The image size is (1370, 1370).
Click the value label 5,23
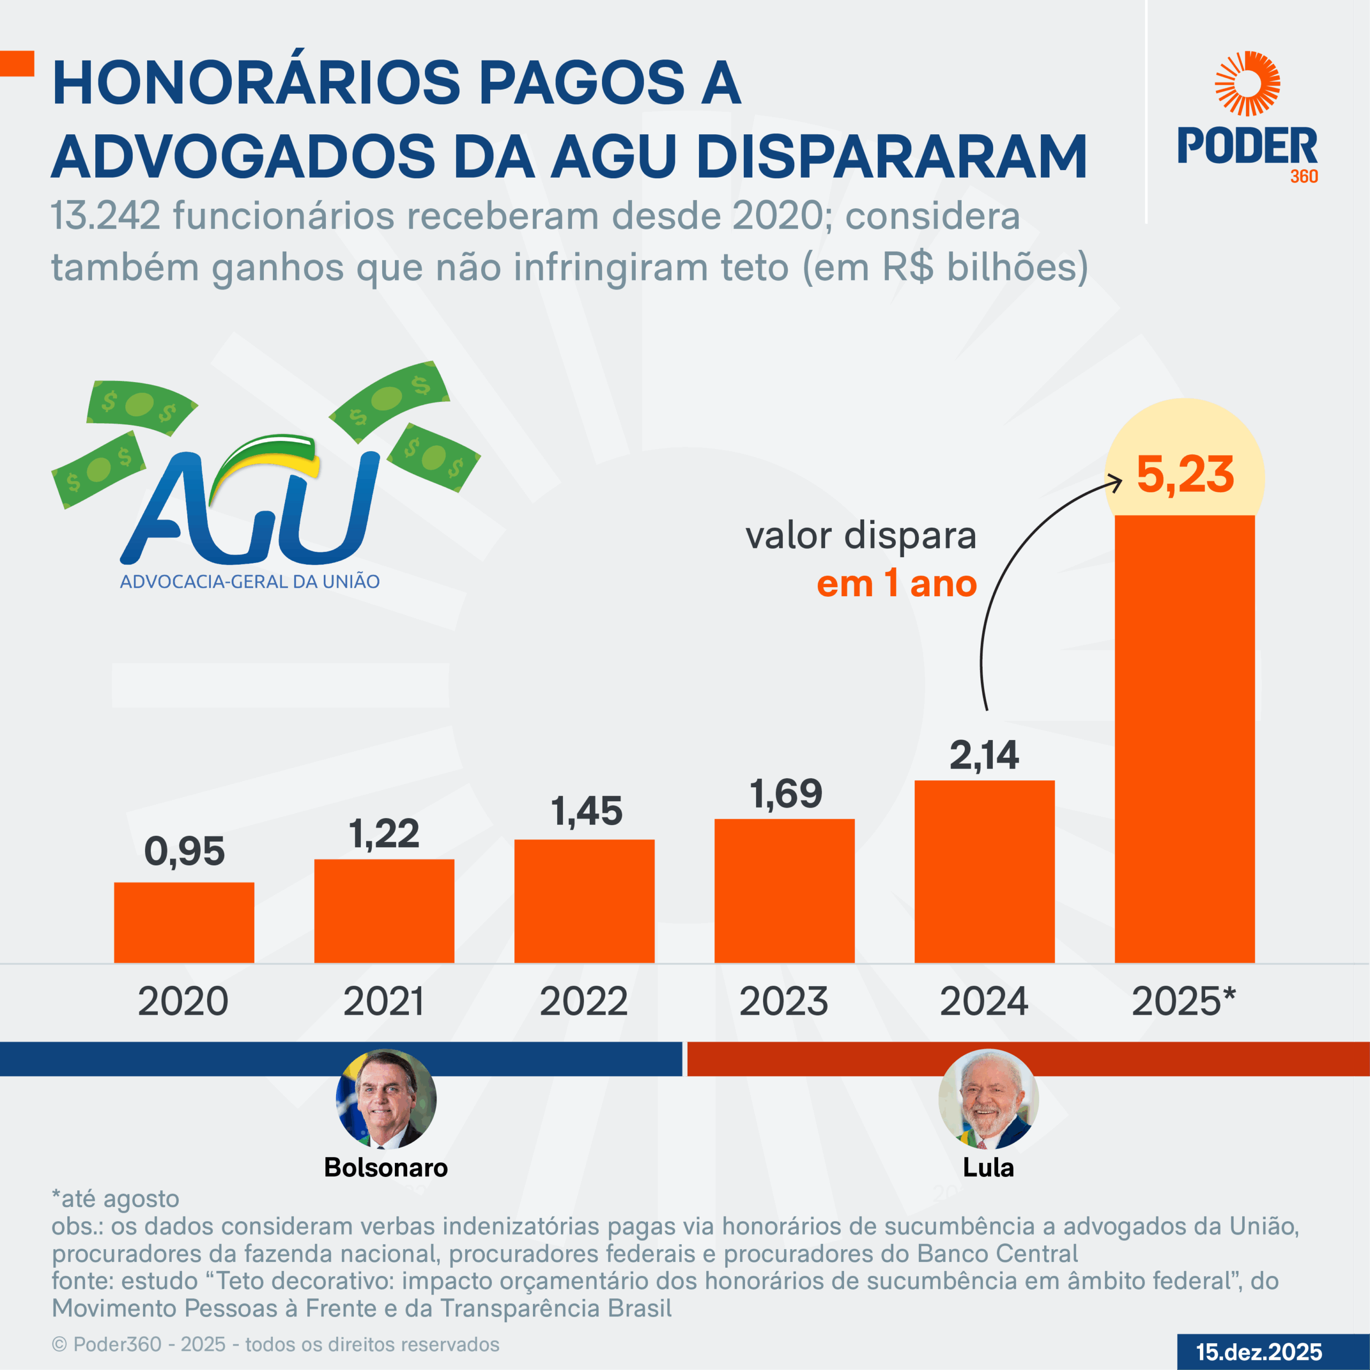1185,474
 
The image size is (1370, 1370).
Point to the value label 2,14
984,755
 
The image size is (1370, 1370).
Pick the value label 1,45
587,811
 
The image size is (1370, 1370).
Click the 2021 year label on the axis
384,1001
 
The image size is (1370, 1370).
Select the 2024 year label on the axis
984,1001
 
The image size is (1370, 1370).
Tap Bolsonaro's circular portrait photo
386,1099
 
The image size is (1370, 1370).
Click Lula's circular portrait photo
988,1099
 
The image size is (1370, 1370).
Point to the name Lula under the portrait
988,1167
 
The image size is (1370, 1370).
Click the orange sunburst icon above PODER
1247,83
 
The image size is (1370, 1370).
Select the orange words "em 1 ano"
896,584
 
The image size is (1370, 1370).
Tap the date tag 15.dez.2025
1259,1352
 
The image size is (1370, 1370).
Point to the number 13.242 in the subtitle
105,216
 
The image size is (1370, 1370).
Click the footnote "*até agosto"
116,1198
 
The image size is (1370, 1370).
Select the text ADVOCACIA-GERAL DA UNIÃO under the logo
249,582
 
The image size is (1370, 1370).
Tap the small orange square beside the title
17,63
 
